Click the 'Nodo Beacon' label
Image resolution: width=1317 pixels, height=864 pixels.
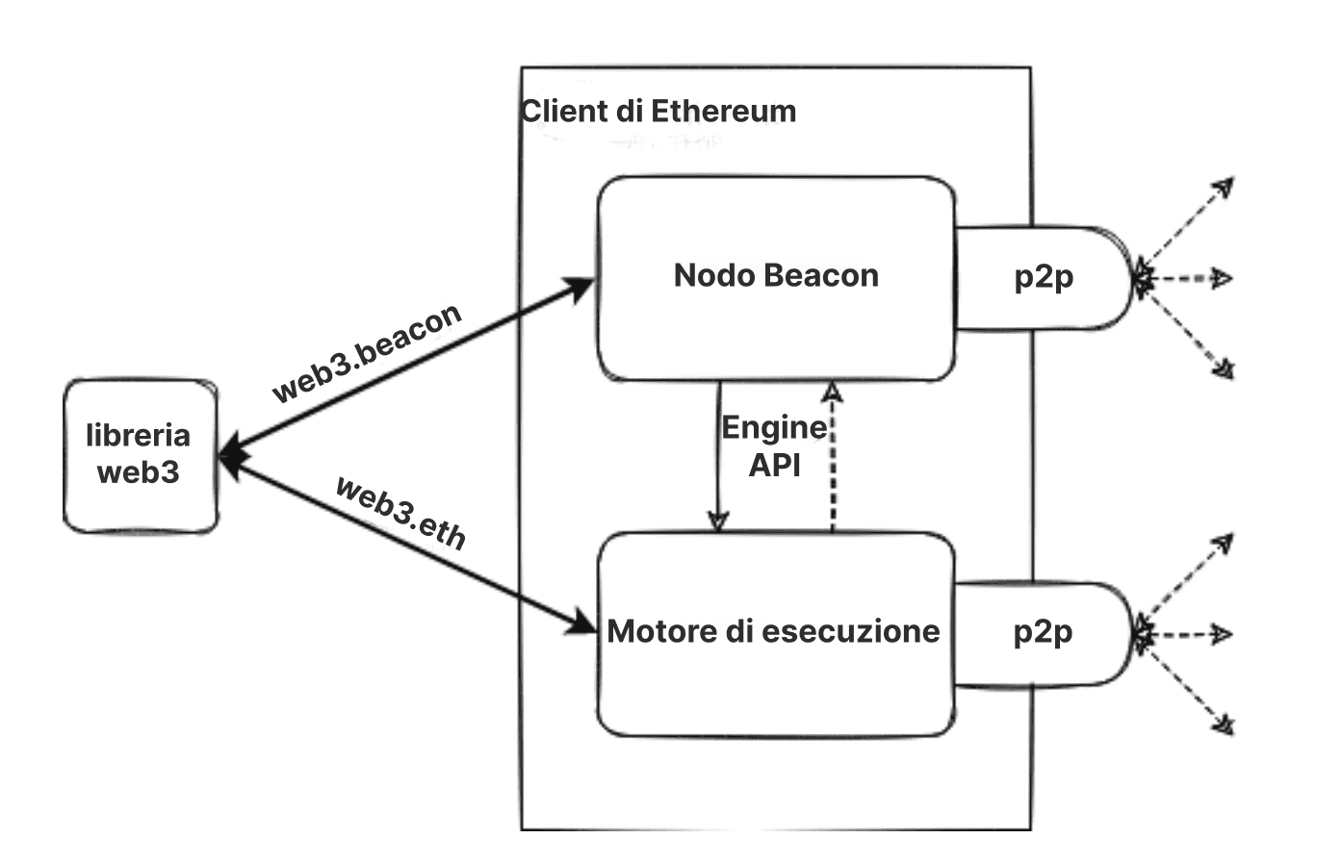(x=776, y=275)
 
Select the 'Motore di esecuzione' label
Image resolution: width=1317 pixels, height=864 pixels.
(x=773, y=631)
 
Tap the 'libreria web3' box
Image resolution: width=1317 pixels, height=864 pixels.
(x=140, y=455)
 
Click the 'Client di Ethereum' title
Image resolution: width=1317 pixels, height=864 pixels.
(x=658, y=111)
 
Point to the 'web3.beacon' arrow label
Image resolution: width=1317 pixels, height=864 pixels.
(x=367, y=353)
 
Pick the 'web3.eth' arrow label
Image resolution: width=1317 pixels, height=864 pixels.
(x=400, y=512)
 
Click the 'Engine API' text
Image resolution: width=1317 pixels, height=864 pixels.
(x=774, y=445)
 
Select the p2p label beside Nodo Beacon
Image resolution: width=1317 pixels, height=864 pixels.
(x=1044, y=277)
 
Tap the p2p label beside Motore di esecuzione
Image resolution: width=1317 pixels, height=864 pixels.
(x=1043, y=632)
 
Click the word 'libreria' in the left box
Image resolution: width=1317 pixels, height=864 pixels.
(x=139, y=436)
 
